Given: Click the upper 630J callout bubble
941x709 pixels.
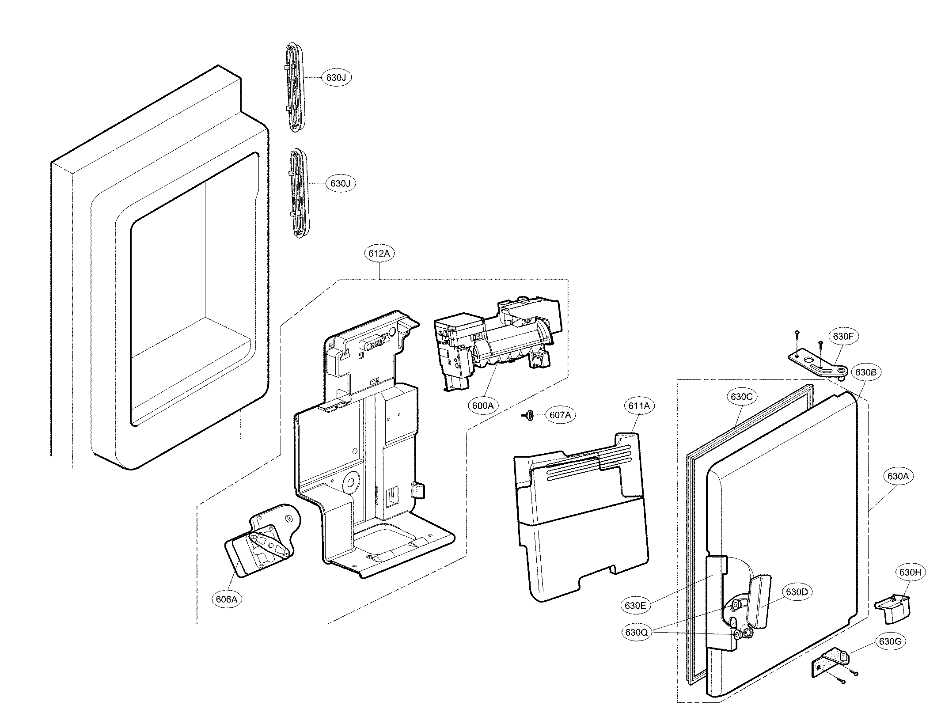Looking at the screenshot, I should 339,78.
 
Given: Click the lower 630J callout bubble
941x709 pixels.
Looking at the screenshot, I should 340,183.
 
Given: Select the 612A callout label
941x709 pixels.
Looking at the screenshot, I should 379,254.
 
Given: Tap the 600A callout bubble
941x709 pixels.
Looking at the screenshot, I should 482,406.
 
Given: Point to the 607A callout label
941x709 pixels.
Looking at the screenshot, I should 560,415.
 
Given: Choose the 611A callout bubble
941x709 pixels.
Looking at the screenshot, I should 639,406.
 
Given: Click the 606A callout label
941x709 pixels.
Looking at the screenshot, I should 227,599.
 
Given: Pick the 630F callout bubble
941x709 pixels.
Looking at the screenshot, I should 843,336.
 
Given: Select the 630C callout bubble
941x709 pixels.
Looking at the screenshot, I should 741,397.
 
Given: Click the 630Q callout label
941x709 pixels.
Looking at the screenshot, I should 636,632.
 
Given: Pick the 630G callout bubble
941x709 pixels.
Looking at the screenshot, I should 890,654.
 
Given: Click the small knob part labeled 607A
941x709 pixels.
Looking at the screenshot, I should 528,415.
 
